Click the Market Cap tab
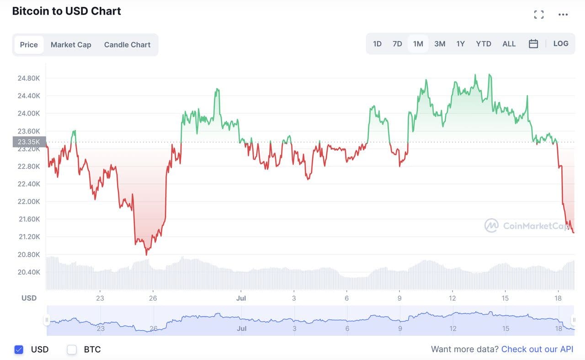click(71, 45)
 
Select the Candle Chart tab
click(127, 45)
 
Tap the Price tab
click(29, 45)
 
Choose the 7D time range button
click(397, 44)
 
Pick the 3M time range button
click(440, 44)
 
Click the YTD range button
click(483, 44)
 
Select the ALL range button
click(509, 44)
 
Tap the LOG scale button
click(561, 44)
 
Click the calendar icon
click(533, 44)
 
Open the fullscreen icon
click(539, 15)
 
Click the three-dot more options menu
click(563, 15)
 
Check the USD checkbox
click(19, 349)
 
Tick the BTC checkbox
click(72, 349)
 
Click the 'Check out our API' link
click(537, 349)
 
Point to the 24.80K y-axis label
click(29, 78)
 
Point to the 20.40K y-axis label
click(29, 272)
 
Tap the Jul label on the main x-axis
click(241, 298)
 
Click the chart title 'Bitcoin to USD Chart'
click(66, 11)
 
